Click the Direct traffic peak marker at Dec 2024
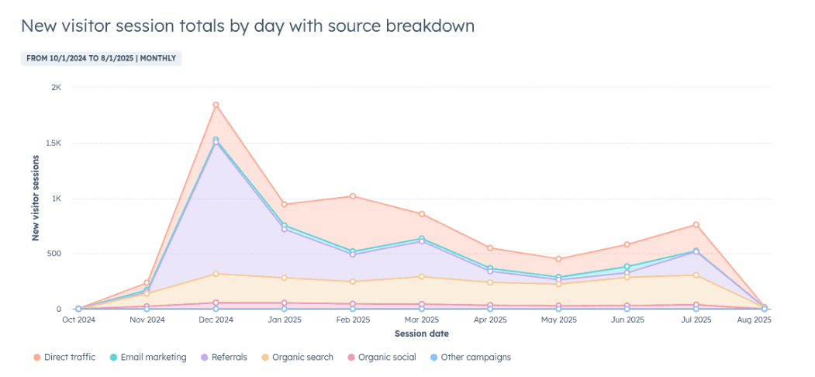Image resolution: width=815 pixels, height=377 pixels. (216, 105)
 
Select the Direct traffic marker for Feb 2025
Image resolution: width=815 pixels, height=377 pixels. (353, 196)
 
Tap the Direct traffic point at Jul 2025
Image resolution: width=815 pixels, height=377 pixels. (696, 225)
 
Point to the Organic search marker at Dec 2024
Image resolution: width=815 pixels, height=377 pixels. (216, 273)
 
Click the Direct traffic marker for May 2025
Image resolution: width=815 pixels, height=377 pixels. (558, 259)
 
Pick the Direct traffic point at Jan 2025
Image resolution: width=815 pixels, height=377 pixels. (285, 205)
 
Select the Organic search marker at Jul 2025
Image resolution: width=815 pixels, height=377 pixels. (696, 275)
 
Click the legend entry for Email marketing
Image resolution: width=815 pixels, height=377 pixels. (147, 358)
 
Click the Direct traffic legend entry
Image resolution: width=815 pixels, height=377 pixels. (65, 358)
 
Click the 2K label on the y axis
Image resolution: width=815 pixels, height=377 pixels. (56, 88)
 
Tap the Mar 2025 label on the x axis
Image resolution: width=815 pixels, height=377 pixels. (421, 319)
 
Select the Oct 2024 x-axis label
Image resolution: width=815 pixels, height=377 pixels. (78, 319)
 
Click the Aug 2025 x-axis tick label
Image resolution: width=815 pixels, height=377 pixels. (765, 319)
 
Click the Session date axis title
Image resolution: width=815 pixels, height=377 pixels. (421, 334)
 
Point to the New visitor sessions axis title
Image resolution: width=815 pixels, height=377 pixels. (36, 199)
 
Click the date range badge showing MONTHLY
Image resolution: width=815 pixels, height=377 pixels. (101, 58)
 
